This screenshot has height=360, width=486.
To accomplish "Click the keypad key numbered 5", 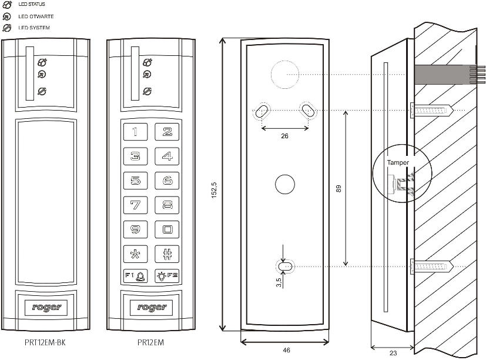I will (x=136, y=181).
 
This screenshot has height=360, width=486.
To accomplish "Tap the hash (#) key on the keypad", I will (x=167, y=254).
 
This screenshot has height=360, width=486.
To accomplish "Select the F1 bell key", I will (x=136, y=276).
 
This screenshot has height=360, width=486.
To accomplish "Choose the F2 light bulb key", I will (x=167, y=276).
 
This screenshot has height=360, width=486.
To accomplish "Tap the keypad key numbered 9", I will (x=136, y=229).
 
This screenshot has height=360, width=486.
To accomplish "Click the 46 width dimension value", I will (x=286, y=350).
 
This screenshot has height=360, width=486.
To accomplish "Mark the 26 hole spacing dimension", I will (x=285, y=136).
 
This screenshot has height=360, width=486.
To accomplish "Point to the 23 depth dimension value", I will (x=393, y=353).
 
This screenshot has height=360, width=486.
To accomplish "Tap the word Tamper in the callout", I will (x=397, y=162).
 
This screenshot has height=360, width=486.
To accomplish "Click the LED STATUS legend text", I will (x=32, y=5).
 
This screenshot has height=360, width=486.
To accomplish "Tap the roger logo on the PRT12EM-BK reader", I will (x=45, y=306).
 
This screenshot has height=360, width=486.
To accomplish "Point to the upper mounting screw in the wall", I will (x=432, y=110).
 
